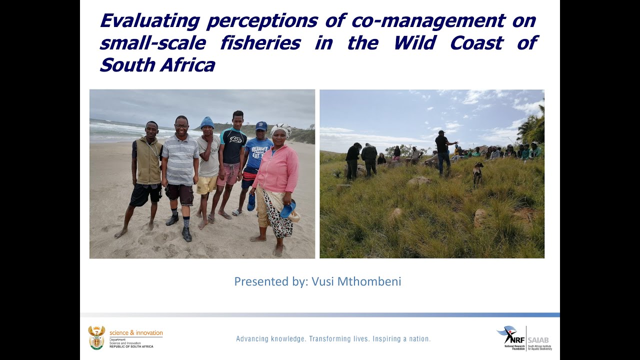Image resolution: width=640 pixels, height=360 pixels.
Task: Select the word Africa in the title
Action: [187, 65]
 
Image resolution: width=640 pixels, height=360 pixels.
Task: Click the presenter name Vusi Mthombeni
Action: [356, 281]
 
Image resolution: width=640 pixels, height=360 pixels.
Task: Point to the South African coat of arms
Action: [96, 337]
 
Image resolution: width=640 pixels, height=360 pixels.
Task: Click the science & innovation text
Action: [136, 333]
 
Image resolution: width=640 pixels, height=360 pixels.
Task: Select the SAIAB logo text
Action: [539, 340]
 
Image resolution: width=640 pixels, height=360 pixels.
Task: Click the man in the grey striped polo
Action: [180, 170]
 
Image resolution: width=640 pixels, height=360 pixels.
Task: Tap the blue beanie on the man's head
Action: [207, 122]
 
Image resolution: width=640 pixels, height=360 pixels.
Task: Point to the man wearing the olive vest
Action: [147, 170]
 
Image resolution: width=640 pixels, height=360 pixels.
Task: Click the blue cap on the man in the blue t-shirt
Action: [261, 125]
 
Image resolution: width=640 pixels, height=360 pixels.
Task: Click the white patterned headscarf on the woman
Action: [281, 130]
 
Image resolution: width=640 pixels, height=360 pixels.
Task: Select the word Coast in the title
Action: [476, 43]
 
